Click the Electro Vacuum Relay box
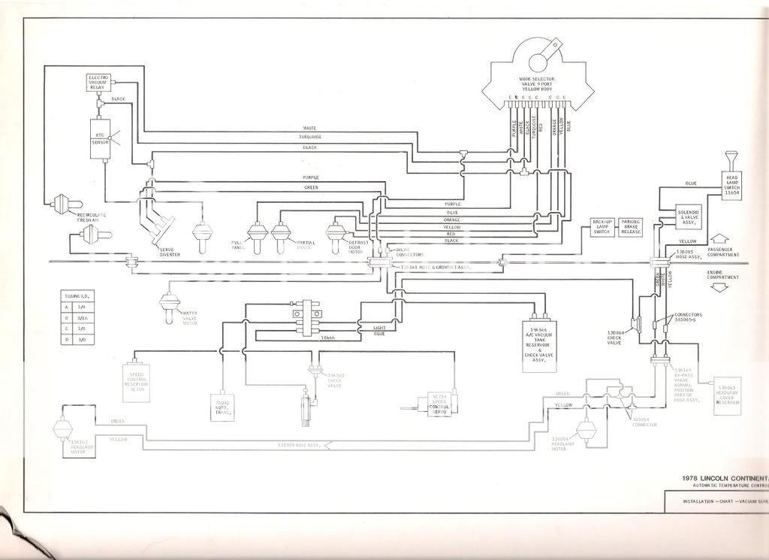pyautogui.click(x=99, y=83)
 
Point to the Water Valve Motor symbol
pyautogui.click(x=169, y=307)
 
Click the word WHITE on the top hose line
pyautogui.click(x=310, y=128)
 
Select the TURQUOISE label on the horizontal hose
pyautogui.click(x=310, y=138)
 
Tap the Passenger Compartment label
pyautogui.click(x=723, y=253)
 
